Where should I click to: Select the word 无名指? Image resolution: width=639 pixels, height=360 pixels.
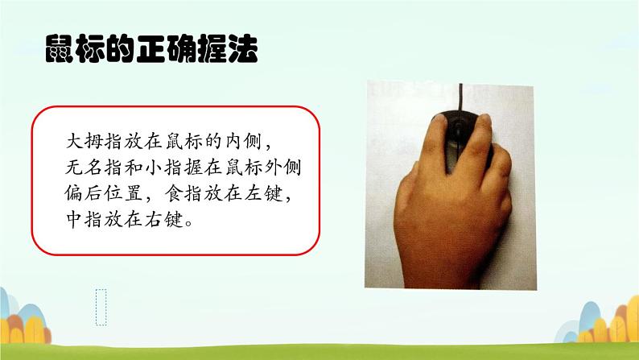[93, 167]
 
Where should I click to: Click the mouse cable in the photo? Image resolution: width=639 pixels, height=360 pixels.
[461, 97]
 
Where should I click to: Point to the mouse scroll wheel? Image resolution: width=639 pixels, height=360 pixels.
[460, 129]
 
